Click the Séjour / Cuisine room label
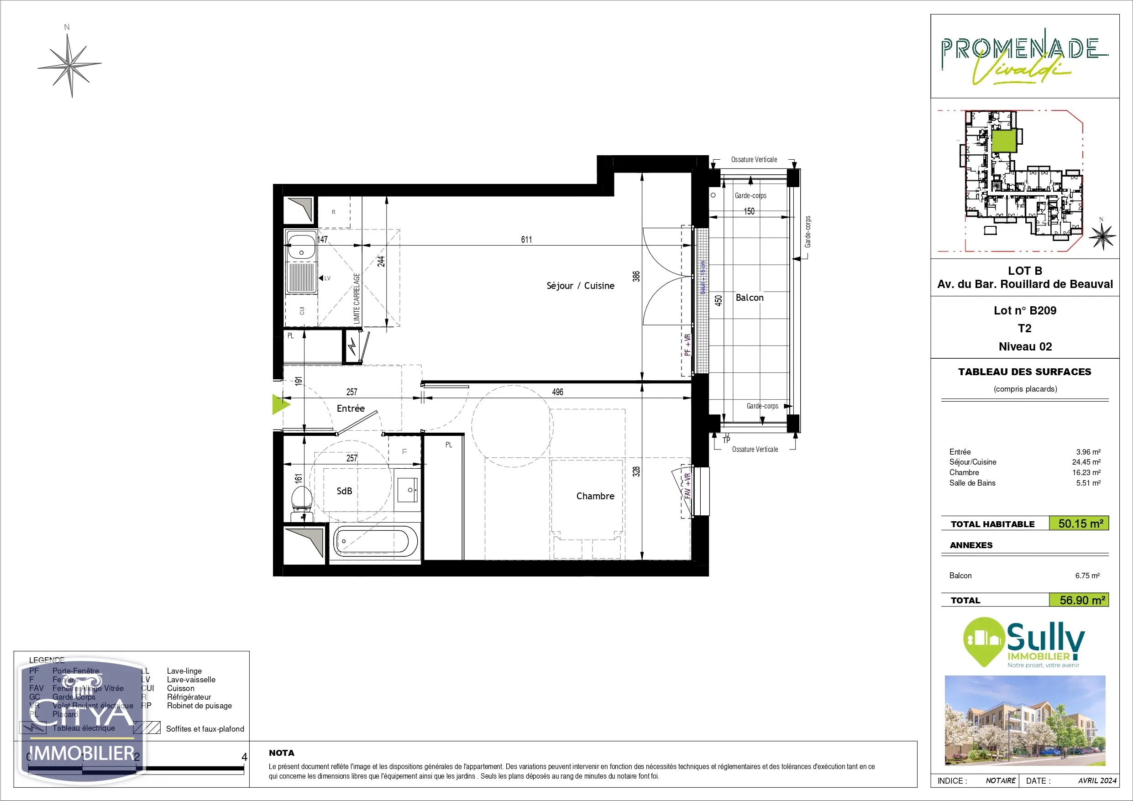[x=580, y=286]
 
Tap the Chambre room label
[x=595, y=496]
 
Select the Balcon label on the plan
[x=749, y=298]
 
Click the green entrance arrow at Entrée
[x=281, y=405]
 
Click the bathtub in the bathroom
[x=375, y=541]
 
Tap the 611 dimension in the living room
[x=526, y=239]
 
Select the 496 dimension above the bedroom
[x=558, y=392]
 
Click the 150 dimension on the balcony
[x=749, y=211]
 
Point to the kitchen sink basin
[x=301, y=247]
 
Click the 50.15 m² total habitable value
[x=1080, y=524]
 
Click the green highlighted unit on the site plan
[x=1004, y=141]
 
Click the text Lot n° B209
[x=1024, y=310]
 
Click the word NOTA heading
[x=281, y=753]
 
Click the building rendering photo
[x=1024, y=720]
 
